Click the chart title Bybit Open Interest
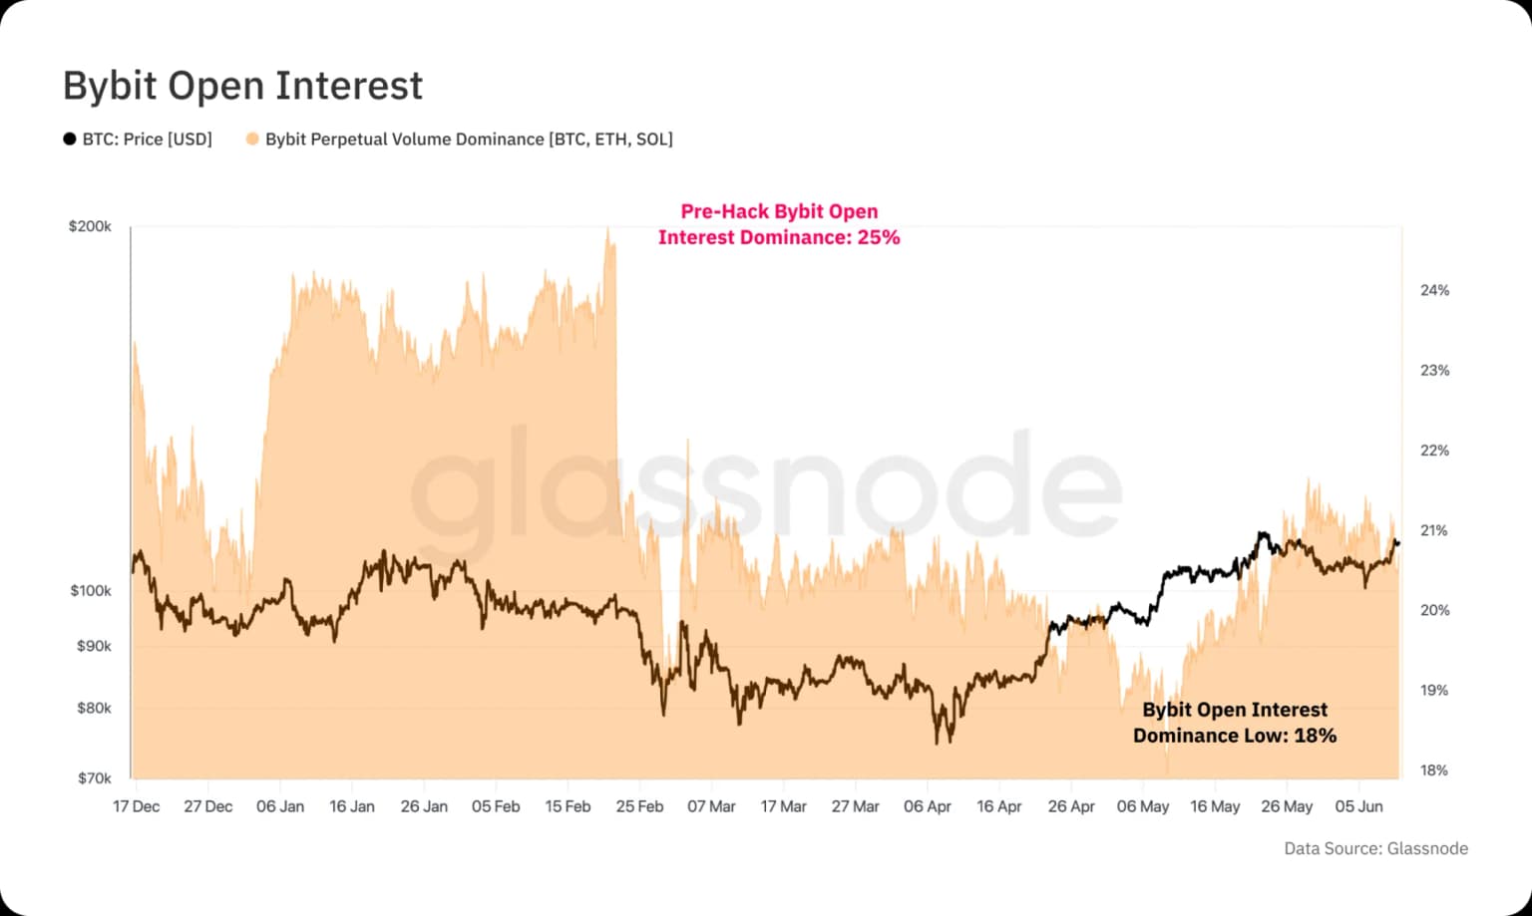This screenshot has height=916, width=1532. (x=242, y=86)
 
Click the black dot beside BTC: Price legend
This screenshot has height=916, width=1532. (x=70, y=139)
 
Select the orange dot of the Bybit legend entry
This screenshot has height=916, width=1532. (x=252, y=139)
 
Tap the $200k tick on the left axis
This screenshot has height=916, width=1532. (x=90, y=226)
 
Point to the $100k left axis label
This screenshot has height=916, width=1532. (x=91, y=590)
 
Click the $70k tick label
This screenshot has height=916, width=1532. (x=94, y=777)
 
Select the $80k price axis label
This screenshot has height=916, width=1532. (x=94, y=708)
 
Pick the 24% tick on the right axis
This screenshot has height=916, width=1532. (x=1434, y=290)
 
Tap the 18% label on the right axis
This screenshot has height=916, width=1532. (x=1434, y=769)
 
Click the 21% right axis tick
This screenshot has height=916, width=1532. (x=1434, y=530)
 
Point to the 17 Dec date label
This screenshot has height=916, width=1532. (x=136, y=806)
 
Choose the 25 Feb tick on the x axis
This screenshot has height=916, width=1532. (x=639, y=806)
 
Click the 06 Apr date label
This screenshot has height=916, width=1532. (x=927, y=806)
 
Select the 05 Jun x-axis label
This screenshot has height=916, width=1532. (x=1358, y=806)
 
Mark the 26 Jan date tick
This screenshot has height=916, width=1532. (x=424, y=806)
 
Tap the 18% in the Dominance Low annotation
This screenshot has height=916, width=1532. (x=1316, y=736)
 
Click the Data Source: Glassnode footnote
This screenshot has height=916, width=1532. (x=1375, y=848)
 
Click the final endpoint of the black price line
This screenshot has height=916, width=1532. (x=1397, y=543)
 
